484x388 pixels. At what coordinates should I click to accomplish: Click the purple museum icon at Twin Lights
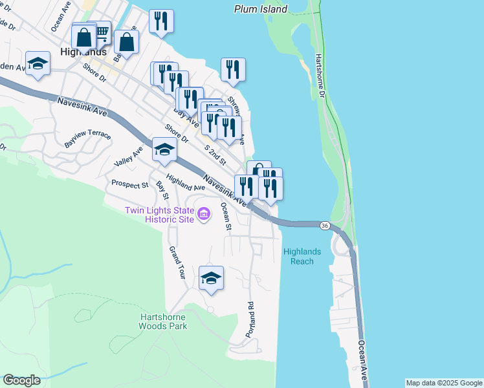pos(203,214)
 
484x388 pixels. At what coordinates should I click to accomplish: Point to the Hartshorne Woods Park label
pos(164,321)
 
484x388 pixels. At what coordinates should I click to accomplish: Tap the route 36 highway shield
pos(324,224)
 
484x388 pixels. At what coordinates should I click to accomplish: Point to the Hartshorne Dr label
pos(320,76)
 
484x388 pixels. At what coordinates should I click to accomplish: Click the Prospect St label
pos(129,185)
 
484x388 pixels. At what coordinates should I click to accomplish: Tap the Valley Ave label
pos(128,156)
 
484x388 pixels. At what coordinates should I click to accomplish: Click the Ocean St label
pos(226,216)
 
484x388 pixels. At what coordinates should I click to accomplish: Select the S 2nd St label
pos(215,155)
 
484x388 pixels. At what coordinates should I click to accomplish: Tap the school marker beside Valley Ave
pos(164,150)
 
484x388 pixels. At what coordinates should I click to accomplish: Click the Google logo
pos(21,380)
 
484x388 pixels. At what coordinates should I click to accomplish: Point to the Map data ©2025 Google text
pos(444,383)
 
